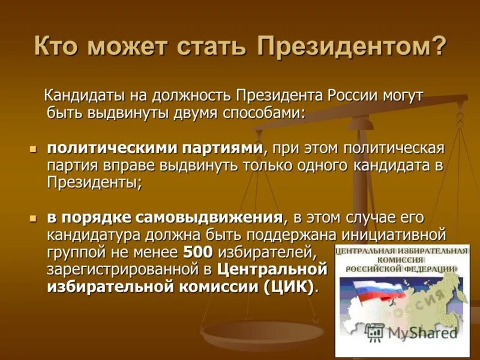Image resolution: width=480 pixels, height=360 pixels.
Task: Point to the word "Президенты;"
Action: [x=95, y=182]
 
